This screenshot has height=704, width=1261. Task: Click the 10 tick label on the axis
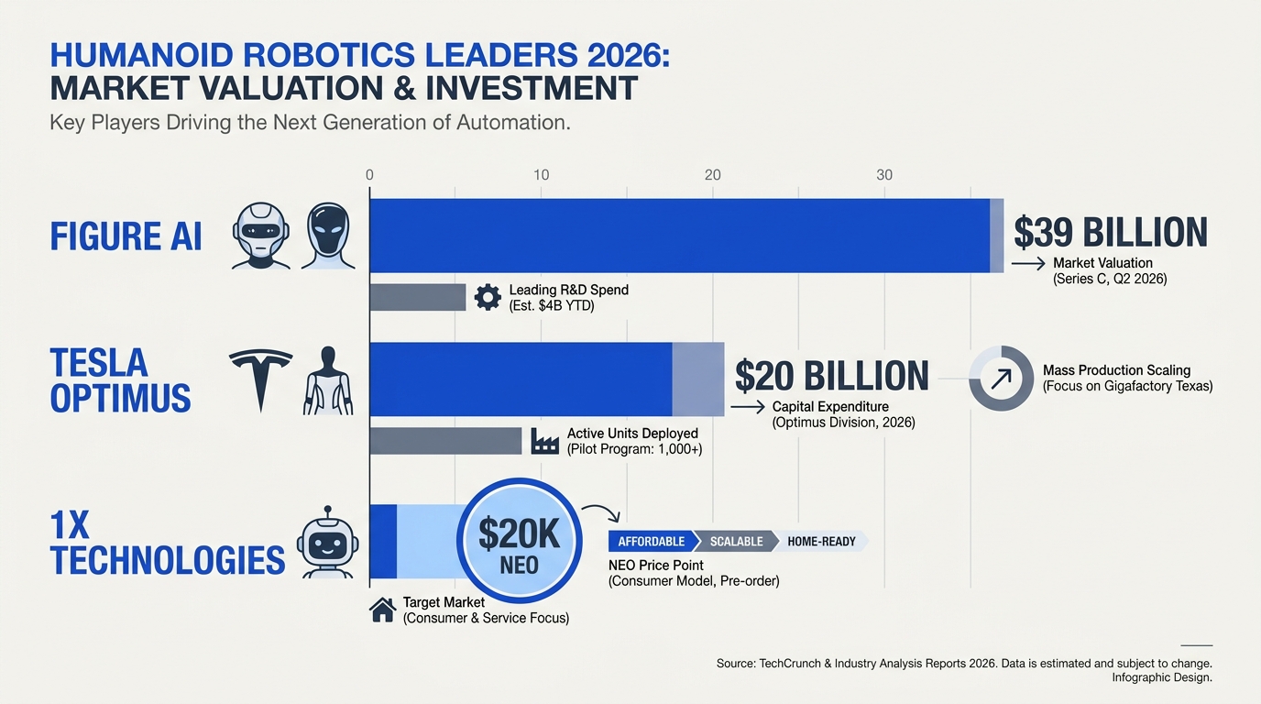pyautogui.click(x=541, y=175)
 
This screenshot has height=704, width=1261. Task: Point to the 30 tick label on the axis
pyautogui.click(x=884, y=175)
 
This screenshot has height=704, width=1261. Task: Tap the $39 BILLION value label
pyautogui.click(x=1111, y=232)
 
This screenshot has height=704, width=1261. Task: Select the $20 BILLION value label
pyautogui.click(x=832, y=376)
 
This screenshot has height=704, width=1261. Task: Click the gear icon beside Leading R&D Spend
pyautogui.click(x=488, y=297)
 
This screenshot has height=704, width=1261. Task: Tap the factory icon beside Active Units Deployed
pyautogui.click(x=545, y=441)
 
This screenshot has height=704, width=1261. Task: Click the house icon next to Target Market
pyautogui.click(x=383, y=610)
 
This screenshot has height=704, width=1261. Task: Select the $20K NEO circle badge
pyautogui.click(x=519, y=541)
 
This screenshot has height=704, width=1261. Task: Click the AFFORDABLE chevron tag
pyautogui.click(x=652, y=541)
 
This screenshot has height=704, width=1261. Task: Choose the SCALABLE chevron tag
pyautogui.click(x=736, y=541)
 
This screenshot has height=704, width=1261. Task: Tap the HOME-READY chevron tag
pyautogui.click(x=821, y=541)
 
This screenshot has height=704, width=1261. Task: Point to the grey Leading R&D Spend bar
pyautogui.click(x=418, y=297)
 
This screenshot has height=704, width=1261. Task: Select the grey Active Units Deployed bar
pyautogui.click(x=446, y=441)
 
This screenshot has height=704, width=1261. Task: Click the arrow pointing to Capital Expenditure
pyautogui.click(x=748, y=407)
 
